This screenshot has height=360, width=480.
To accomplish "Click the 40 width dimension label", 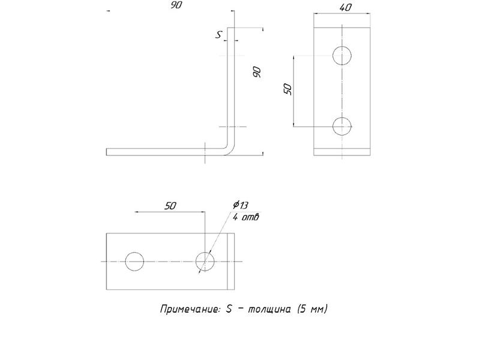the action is point(346,8).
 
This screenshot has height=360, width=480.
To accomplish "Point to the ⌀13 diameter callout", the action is point(241,205).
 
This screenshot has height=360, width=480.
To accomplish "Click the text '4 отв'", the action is point(246,217).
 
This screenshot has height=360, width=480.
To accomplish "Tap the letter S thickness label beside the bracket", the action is point(218,35).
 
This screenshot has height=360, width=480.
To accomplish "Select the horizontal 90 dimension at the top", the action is point(176,5).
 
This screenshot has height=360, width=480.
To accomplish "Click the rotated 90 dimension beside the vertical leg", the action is point(257,72).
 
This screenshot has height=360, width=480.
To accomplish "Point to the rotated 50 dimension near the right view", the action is point(288,89).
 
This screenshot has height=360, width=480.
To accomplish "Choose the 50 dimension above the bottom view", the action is point(170,206).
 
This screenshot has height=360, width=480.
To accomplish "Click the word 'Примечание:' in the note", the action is point(190,309).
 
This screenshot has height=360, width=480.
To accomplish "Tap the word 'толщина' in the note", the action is point(269,309).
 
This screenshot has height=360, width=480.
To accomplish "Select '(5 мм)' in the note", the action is point(312,309).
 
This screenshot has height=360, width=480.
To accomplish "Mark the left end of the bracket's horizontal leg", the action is point(107,152).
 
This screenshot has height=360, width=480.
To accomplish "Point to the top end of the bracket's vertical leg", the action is point(231,28).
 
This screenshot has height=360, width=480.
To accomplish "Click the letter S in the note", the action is point(229,309).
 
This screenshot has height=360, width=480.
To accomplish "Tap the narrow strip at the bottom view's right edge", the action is point(231,262).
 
